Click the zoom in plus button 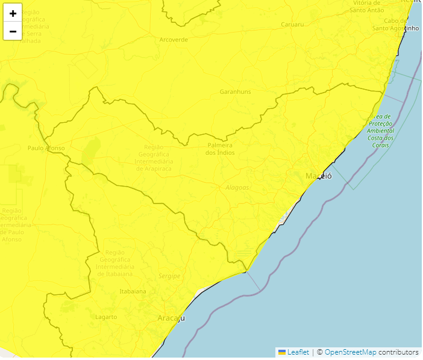(13, 13)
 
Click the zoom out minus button (13, 31)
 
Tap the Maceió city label (318, 176)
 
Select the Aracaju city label (171, 318)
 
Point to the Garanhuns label (235, 92)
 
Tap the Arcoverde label (174, 40)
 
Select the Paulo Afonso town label (46, 147)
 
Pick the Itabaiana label (133, 291)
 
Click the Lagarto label (106, 317)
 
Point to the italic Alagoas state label (237, 187)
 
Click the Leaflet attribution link (298, 352)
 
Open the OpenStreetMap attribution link (350, 352)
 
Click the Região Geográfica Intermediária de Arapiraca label (154, 158)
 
